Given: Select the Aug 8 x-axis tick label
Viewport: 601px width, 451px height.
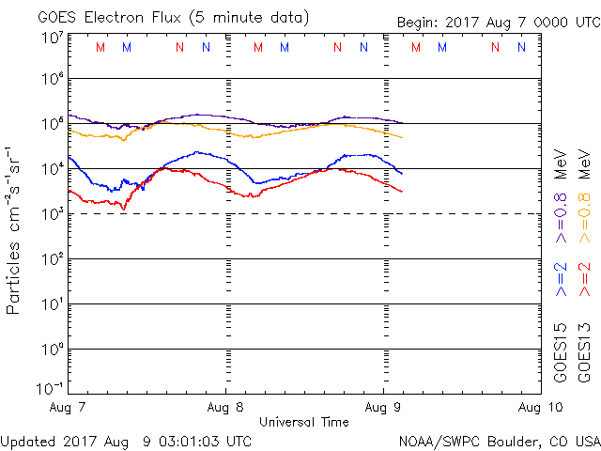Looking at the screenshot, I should [x=226, y=408].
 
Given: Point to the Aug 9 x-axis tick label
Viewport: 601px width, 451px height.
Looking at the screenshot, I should [x=384, y=408].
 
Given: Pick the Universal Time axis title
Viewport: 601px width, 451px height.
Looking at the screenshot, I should [x=304, y=422].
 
